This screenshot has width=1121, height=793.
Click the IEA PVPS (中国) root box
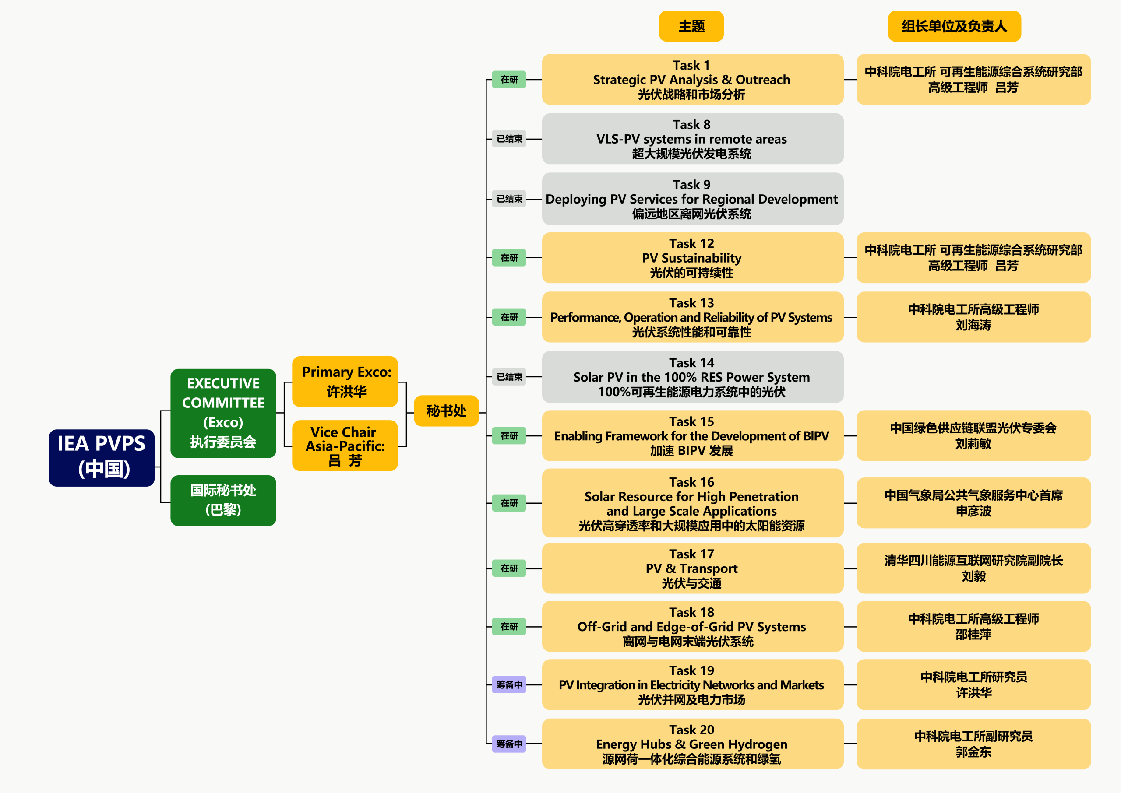102,457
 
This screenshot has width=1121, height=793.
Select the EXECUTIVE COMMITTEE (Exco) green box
223,413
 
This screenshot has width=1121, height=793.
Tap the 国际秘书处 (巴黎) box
223,500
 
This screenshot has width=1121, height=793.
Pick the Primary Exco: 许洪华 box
345,381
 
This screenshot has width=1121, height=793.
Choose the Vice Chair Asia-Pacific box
345,446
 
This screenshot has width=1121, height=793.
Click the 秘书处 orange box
446,411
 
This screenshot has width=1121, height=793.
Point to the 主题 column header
691,26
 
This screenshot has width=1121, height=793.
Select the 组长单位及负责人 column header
954,26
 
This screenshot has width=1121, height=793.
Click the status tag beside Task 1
509,80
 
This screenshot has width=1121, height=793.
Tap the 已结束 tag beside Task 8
509,139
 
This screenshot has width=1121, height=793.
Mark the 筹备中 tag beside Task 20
509,744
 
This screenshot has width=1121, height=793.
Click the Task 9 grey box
692,199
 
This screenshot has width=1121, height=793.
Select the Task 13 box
692,317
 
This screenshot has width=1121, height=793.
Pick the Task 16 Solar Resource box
692,503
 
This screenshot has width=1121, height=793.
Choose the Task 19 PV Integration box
692,684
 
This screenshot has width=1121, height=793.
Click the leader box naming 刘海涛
973,317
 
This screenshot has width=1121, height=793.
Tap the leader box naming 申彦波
973,503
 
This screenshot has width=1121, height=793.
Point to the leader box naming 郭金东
973,744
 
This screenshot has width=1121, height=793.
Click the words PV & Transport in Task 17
691,568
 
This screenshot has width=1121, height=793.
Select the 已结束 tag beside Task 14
509,377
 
